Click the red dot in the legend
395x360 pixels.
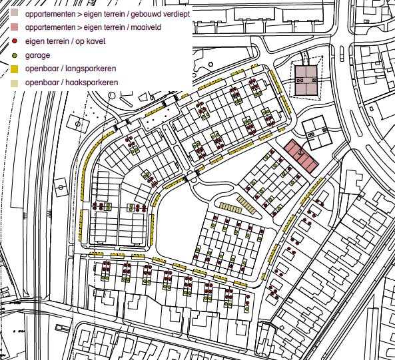pyautogui.click(x=15, y=41)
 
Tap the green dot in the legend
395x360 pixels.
pyautogui.click(x=15, y=55)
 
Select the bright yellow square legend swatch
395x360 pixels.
pyautogui.click(x=15, y=69)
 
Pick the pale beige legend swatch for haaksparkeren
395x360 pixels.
pyautogui.click(x=15, y=83)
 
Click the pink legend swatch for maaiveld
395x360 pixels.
pyautogui.click(x=15, y=27)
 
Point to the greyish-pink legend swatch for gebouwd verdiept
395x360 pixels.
pyautogui.click(x=15, y=13)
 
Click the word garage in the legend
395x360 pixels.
pyautogui.click(x=37, y=56)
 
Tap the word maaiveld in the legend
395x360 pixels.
pyautogui.click(x=147, y=27)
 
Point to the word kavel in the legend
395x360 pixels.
pyautogui.click(x=95, y=41)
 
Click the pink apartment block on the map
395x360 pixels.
pyautogui.click(x=302, y=156)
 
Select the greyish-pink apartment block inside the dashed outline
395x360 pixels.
pyautogui.click(x=306, y=81)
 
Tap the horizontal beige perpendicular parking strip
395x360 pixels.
pyautogui.click(x=230, y=208)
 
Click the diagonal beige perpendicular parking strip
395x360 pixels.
pyautogui.click(x=246, y=205)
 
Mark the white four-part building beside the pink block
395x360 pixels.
pyautogui.click(x=316, y=133)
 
